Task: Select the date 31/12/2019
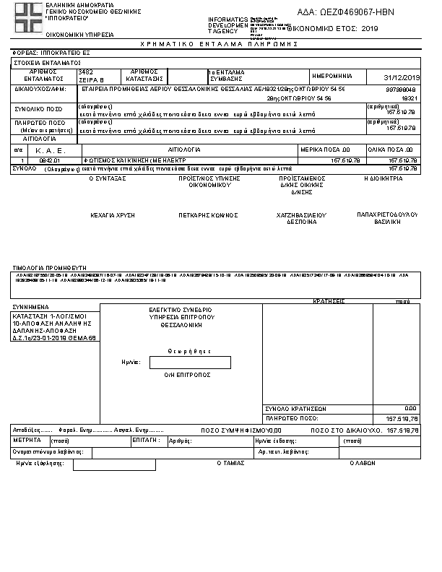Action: coord(403,77)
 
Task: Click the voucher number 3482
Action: coord(85,72)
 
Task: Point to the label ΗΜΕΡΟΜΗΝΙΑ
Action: coord(331,76)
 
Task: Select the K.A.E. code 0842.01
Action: coord(51,160)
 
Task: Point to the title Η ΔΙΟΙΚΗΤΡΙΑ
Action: coord(384,178)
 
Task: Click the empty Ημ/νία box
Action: coord(189,363)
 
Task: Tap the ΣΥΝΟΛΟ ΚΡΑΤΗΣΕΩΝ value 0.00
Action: coord(410,408)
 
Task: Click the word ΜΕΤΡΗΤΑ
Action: coord(27,440)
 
